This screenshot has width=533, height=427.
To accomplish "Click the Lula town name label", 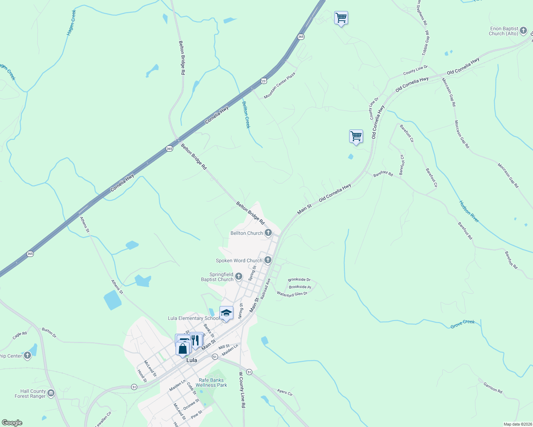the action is (192, 360).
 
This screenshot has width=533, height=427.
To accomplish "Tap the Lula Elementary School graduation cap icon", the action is (226, 313).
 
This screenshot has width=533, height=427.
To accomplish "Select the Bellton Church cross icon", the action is (268, 233).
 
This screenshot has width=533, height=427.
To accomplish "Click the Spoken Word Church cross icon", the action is (268, 260).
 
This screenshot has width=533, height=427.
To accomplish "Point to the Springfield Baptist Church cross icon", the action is (239, 276).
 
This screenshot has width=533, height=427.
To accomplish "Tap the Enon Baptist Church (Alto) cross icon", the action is (523, 31).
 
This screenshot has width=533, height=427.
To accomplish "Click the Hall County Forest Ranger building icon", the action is (51, 393).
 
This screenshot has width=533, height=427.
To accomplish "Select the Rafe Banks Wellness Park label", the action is (211, 383).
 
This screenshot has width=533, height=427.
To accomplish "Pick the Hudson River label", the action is (469, 212).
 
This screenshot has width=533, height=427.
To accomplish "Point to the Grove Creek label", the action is (462, 324).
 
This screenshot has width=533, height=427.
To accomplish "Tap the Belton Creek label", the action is (246, 115).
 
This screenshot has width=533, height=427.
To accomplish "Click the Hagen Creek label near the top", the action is (72, 22).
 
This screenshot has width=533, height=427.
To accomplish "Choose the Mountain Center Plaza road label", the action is (280, 86).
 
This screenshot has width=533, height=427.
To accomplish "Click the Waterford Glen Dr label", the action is (292, 294).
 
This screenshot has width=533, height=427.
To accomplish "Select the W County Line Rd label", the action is (242, 390).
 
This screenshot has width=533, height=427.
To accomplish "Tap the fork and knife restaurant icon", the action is (196, 340).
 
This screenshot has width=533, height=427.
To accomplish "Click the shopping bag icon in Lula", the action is (183, 349).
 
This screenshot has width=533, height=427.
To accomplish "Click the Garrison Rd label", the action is (493, 388).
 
